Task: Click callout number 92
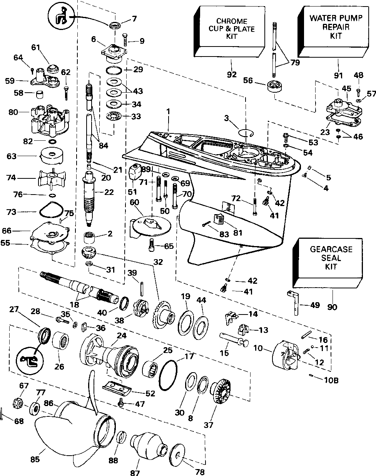tap(232, 75)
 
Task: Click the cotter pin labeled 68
tap(2, 414)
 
